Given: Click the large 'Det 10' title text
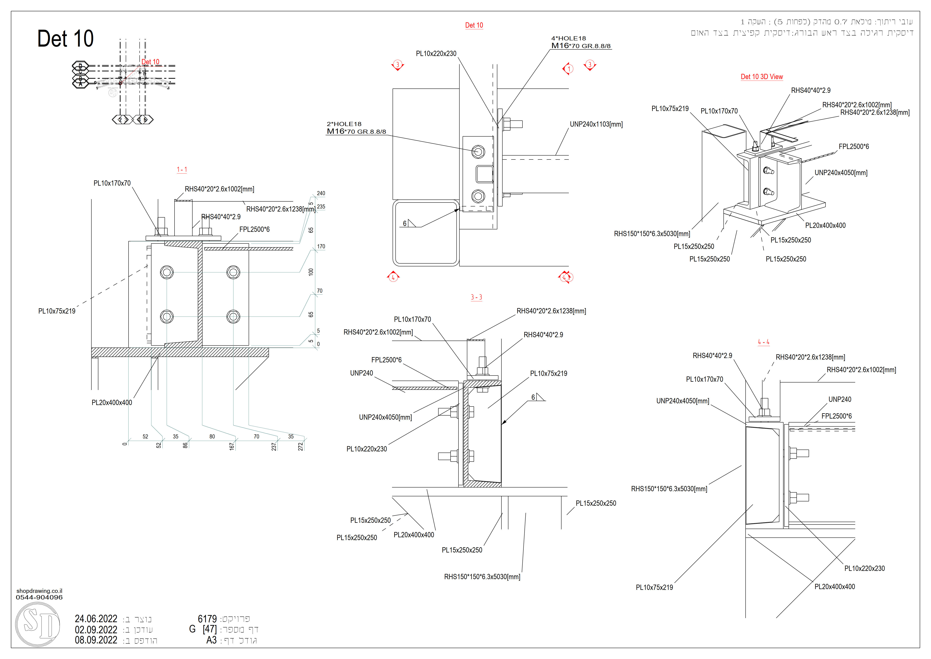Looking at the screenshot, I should [x=65, y=39].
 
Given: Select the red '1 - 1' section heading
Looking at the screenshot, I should [x=182, y=170].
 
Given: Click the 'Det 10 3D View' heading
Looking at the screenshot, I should [x=762, y=77].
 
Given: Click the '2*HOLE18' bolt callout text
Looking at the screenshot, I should [x=344, y=124].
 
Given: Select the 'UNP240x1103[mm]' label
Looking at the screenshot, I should [x=596, y=124].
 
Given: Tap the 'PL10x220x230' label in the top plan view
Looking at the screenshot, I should [x=436, y=54].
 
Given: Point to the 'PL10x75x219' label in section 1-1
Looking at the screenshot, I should [x=57, y=311].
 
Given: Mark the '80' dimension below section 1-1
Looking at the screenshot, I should [x=212, y=437].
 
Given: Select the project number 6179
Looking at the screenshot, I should [x=207, y=619].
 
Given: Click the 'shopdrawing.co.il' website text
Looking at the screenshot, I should [x=39, y=591].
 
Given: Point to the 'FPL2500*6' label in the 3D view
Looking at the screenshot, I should [x=853, y=147].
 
